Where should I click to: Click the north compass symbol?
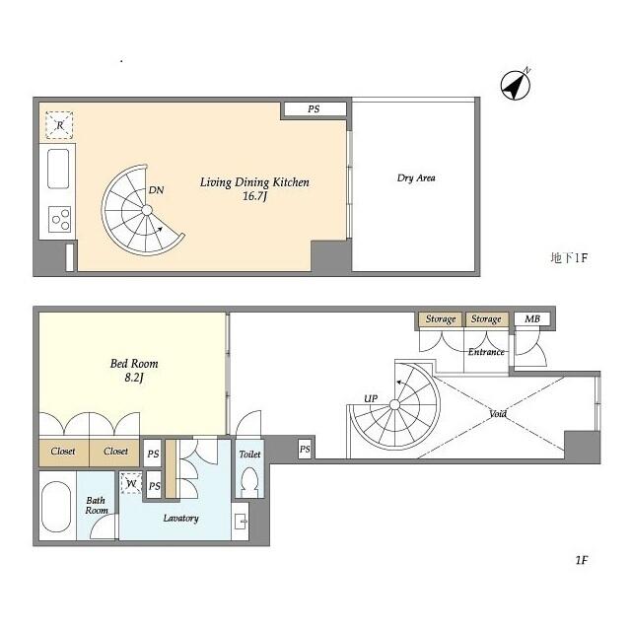pyautogui.click(x=516, y=85)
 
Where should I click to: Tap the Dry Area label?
pyautogui.click(x=416, y=177)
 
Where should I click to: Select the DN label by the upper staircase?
pyautogui.click(x=156, y=190)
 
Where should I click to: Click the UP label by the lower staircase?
pyautogui.click(x=371, y=398)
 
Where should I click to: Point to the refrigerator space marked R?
pyautogui.click(x=59, y=125)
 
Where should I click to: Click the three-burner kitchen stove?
pyautogui.click(x=59, y=219)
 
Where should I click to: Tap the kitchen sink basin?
pyautogui.click(x=58, y=169)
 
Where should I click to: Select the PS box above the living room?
pyautogui.click(x=314, y=108)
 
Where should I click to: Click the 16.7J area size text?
pyautogui.click(x=255, y=196)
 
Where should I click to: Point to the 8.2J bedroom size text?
pyautogui.click(x=134, y=378)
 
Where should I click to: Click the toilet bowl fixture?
pyautogui.click(x=249, y=481)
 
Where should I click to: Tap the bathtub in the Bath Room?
pyautogui.click(x=55, y=506)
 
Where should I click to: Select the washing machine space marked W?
pyautogui.click(x=131, y=483)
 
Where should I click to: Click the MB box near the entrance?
pyautogui.click(x=532, y=319)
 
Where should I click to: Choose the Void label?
pyautogui.click(x=498, y=413)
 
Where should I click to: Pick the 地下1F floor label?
pyautogui.click(x=569, y=258)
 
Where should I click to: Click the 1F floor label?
pyautogui.click(x=582, y=560)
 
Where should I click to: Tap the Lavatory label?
pyautogui.click(x=180, y=519)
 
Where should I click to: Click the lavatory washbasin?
pyautogui.click(x=241, y=522)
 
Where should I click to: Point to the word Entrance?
pyautogui.click(x=486, y=352)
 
